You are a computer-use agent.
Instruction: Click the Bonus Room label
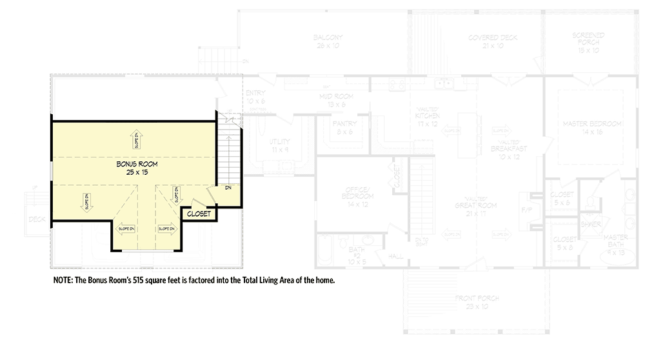(x=137, y=165)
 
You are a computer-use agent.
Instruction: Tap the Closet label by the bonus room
(x=198, y=214)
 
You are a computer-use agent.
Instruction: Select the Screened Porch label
(x=588, y=37)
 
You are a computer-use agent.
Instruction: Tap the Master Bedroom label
(x=591, y=123)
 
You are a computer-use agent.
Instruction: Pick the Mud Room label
(x=334, y=97)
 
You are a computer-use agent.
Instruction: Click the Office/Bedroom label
(x=356, y=192)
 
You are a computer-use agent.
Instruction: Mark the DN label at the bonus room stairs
(x=228, y=188)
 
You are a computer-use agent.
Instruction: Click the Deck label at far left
(x=35, y=219)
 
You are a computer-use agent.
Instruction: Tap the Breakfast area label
(x=509, y=148)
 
